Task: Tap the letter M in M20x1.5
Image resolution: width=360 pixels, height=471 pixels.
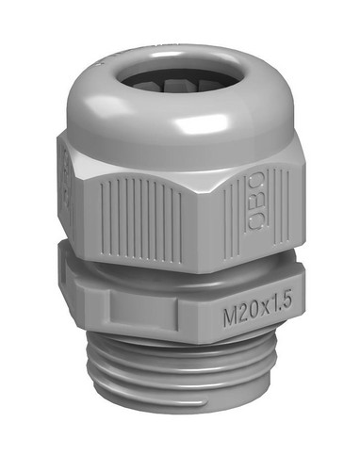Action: [x=231, y=317]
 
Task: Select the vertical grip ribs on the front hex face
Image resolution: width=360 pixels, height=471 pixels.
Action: [x=141, y=219]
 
